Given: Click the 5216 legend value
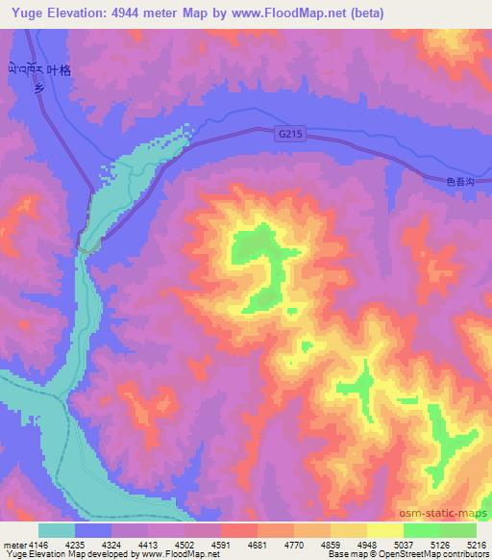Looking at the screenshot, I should click(477, 545).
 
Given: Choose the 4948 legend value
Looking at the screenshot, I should click(368, 545).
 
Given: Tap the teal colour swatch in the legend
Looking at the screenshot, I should click(57, 530).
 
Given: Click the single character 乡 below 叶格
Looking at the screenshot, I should click(39, 86).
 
